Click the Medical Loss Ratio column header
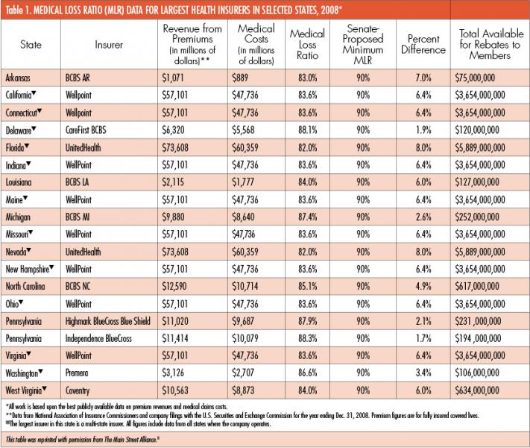307,44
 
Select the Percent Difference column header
423,44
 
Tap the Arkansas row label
18,78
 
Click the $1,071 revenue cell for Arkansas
173,78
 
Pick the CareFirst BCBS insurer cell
86,130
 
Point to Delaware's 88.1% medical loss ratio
308,130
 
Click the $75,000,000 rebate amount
475,78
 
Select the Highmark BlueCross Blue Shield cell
108,321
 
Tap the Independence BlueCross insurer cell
98,338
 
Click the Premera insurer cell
77,373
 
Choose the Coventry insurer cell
78,391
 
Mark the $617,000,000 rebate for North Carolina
477,286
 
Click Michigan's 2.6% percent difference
423,217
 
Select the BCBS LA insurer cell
77,182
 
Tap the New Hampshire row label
28,270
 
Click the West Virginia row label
24,391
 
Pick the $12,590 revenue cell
174,286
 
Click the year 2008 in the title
329,10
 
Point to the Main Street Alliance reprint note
83,440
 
